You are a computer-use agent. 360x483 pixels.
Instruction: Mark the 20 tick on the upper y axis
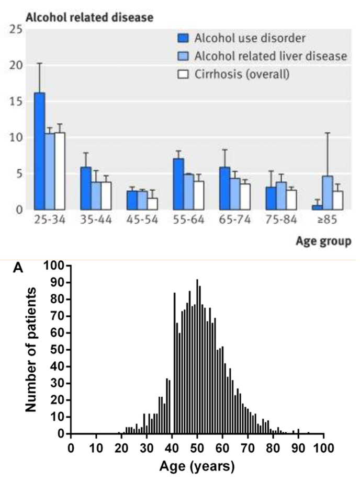(x=18, y=65)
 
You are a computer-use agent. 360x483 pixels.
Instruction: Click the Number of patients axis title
(x=32, y=348)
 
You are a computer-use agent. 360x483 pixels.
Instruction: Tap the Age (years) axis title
(x=197, y=464)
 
